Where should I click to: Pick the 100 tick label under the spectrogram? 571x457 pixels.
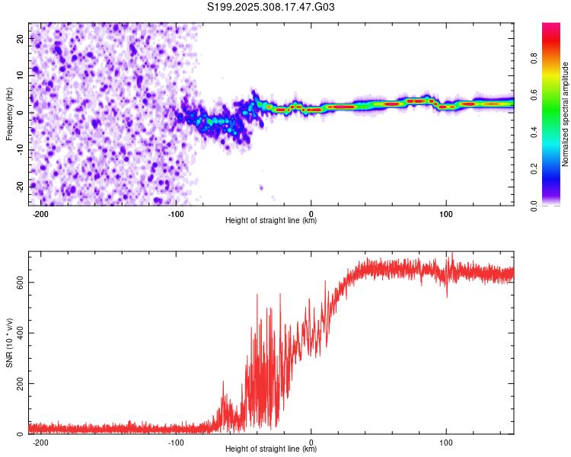click(446, 215)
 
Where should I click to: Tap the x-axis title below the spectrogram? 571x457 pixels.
click(271, 222)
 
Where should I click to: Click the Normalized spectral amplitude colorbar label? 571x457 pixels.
click(565, 114)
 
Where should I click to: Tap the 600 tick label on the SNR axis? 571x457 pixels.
click(18, 282)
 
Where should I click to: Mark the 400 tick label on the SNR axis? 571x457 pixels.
click(18, 333)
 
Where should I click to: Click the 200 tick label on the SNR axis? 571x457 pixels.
click(18, 383)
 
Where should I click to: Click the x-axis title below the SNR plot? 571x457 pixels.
click(271, 450)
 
